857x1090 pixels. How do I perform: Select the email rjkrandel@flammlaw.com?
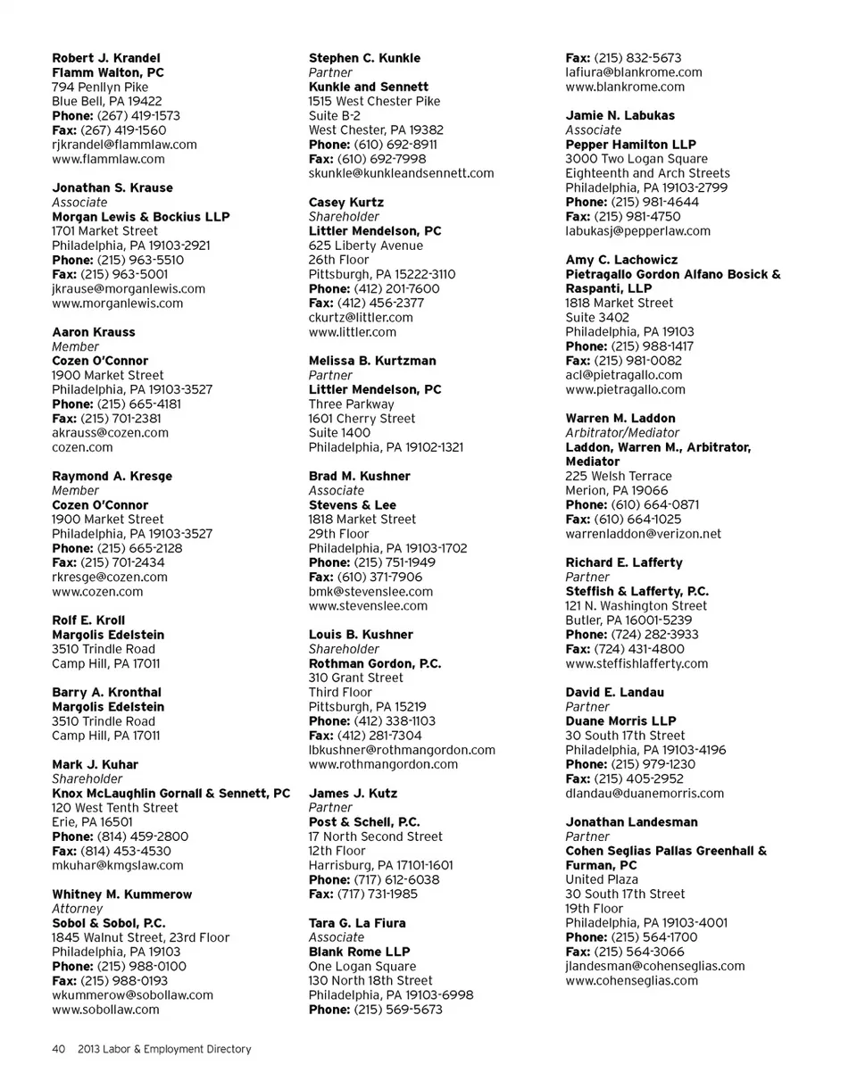coord(124,145)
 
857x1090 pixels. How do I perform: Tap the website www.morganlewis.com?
coord(117,304)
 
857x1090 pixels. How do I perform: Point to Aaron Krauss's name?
coord(94,332)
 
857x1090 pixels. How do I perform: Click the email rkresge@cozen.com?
coord(110,578)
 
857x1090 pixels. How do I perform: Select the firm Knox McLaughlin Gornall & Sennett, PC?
coord(171,794)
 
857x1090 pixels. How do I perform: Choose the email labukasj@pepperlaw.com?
coord(637,231)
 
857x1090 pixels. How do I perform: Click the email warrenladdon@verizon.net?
coord(643,535)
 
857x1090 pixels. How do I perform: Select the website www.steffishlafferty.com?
coord(637,664)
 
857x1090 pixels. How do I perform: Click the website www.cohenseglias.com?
coord(632,981)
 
